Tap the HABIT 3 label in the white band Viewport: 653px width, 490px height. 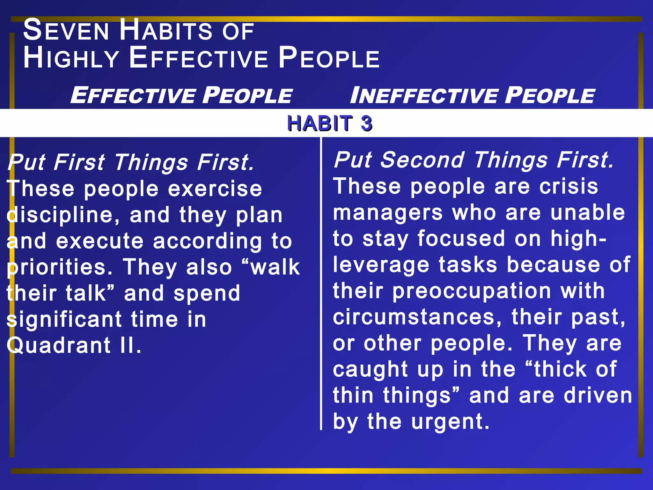(x=329, y=123)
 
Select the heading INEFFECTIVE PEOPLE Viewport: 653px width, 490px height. (x=472, y=95)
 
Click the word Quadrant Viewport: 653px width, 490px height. (x=59, y=345)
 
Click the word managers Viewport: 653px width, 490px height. (x=388, y=213)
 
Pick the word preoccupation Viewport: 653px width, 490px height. (x=472, y=291)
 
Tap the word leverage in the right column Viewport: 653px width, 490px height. (x=381, y=265)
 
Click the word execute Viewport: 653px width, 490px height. (x=100, y=241)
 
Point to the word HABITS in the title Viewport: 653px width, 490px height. (x=166, y=30)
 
